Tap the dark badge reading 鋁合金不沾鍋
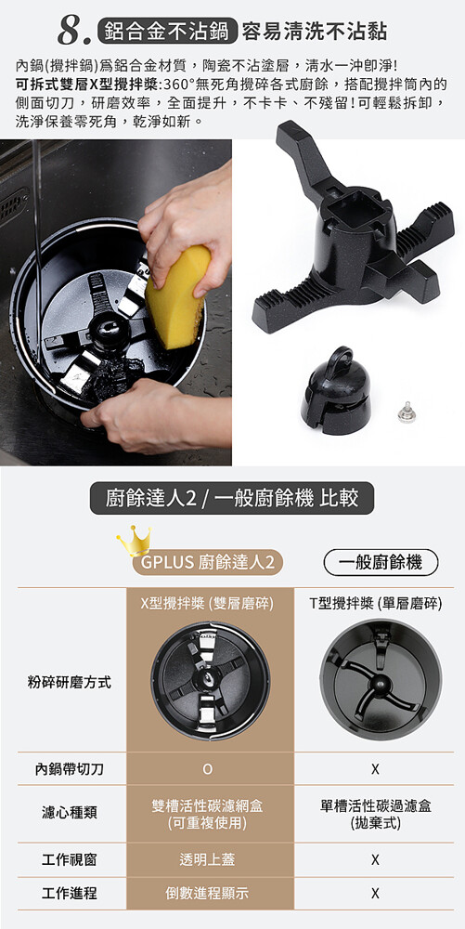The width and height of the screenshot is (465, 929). tap(167, 32)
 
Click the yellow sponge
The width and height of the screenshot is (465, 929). tap(177, 296)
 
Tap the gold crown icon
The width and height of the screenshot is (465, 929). tap(134, 540)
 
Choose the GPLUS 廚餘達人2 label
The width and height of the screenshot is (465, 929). tap(207, 562)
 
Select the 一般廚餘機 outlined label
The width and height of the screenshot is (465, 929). tap(381, 562)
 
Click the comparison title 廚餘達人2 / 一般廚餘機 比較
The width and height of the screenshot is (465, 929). tap(232, 498)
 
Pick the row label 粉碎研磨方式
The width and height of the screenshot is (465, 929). tap(70, 683)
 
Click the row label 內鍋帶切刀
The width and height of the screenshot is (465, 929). tap(70, 769)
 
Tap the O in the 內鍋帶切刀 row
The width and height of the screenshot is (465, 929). tap(206, 769)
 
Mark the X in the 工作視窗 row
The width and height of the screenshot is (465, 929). tap(374, 859)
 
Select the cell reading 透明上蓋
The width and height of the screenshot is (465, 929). tap(206, 859)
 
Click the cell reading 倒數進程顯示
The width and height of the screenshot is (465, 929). tap(206, 893)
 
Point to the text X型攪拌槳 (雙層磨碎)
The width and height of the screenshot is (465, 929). tap(206, 603)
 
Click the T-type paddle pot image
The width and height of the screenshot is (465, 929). tap(381, 680)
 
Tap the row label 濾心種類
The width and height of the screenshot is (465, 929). tap(70, 813)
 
